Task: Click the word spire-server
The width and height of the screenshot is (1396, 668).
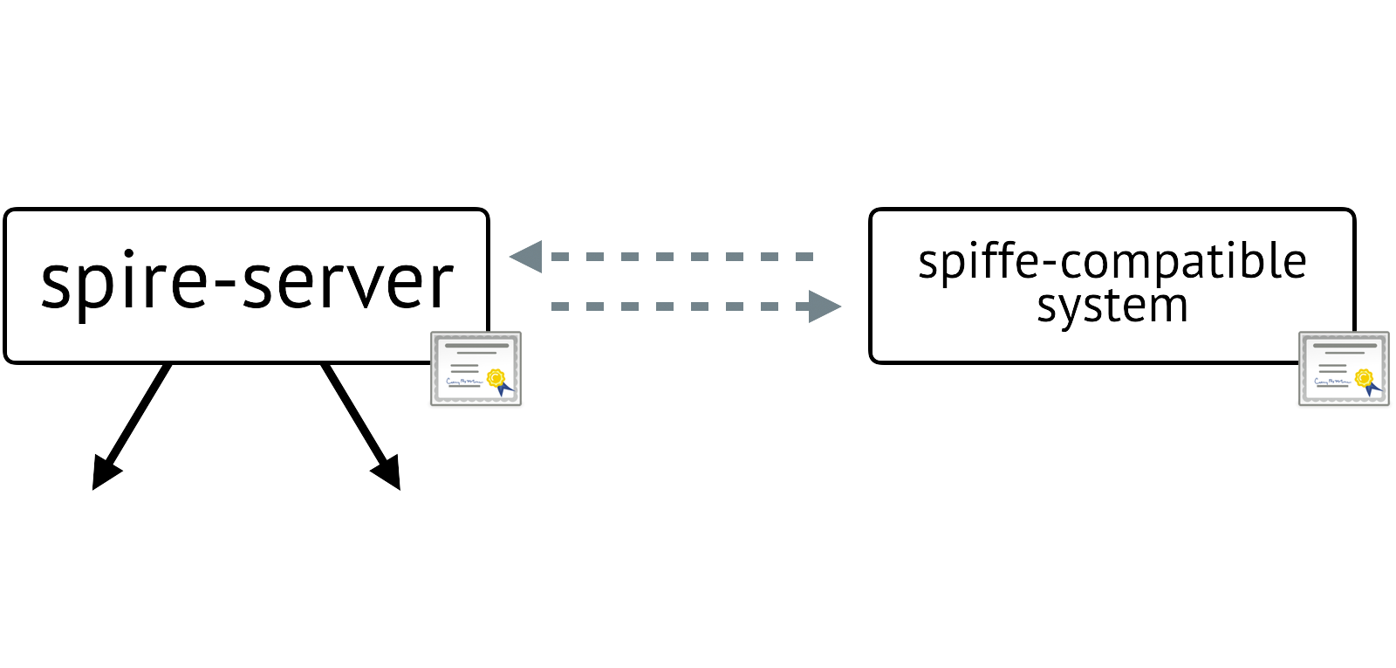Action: coord(247,283)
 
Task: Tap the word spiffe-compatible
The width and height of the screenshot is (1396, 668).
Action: coord(1112,262)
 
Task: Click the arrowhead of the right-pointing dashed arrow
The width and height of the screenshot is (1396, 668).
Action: coord(824,306)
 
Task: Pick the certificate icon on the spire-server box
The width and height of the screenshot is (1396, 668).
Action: coord(476,368)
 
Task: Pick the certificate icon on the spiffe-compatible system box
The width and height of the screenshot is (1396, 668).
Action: coord(1344,368)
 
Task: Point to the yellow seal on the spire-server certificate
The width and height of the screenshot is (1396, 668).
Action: coord(496,377)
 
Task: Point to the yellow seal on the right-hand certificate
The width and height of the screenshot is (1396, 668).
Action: coord(1364,377)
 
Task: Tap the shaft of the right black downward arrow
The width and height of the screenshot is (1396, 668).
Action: coord(353,414)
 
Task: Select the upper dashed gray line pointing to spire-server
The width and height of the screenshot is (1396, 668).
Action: coord(681,257)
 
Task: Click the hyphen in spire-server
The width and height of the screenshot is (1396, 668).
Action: coord(224,286)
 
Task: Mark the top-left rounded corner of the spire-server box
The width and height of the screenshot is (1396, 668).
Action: coord(10,215)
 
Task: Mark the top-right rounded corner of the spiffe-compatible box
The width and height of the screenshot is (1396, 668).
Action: coord(1349,215)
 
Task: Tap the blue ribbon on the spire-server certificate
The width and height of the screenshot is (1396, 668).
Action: coord(503,389)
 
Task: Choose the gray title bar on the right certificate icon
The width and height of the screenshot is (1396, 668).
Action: coord(1344,346)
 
